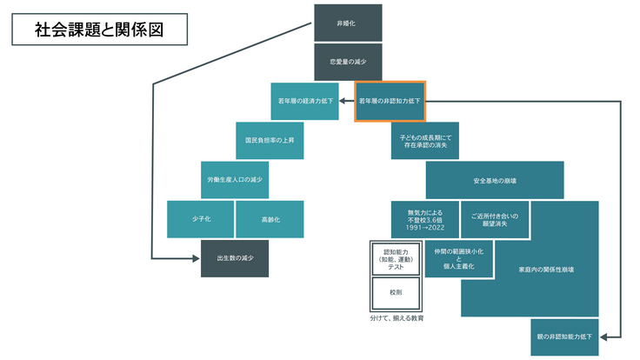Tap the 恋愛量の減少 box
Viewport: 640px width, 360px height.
347,62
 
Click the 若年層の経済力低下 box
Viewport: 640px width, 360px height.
304,101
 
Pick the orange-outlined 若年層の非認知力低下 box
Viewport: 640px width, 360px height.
390,101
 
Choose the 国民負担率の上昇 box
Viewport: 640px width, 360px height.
270,140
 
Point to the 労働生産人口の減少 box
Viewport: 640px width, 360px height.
235,179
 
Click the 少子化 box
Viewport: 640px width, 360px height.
201,219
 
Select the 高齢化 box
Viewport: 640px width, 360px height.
270,219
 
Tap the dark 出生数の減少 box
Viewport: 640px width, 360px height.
235,258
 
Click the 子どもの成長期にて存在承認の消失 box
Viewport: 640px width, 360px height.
425,140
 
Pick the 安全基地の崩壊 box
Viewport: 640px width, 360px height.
494,180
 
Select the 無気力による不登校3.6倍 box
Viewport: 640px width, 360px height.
424,219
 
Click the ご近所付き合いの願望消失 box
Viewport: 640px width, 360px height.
494,219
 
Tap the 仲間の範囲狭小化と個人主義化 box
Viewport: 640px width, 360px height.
459,258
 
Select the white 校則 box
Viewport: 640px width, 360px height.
396,295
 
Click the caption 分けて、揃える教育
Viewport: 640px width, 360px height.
396,319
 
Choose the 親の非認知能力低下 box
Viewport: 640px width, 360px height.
563,337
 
